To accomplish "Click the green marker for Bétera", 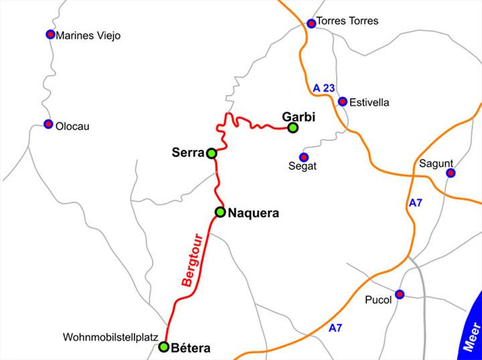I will [163, 347].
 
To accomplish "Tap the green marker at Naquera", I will [220, 212].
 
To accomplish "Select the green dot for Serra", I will [212, 153].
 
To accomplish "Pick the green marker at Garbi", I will [293, 127].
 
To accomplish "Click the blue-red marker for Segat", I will [303, 157].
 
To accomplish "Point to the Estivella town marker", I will [343, 102].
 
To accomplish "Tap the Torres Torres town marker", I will [311, 23].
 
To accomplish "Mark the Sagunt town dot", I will [451, 173].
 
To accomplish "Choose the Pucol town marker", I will [400, 294].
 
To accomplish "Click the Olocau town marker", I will [48, 124].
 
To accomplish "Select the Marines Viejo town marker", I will [50, 34].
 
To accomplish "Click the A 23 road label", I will [324, 87].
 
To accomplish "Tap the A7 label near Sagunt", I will [416, 203].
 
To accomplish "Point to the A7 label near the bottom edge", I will [337, 328].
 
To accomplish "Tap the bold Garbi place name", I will [298, 116].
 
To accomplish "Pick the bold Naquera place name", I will [253, 213].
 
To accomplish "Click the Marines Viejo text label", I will [89, 35].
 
